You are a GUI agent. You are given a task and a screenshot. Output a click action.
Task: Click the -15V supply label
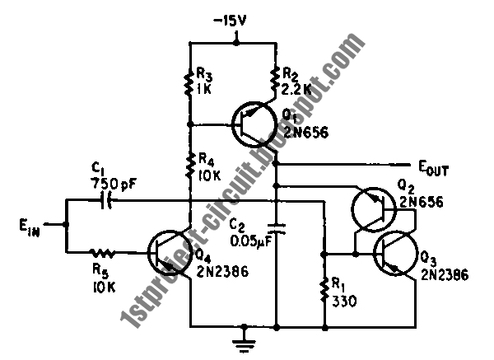230,21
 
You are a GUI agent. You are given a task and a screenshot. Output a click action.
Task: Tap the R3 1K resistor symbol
189,83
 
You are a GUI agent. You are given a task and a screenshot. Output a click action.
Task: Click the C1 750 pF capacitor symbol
106,199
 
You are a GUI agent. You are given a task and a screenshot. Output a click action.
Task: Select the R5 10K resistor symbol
103,252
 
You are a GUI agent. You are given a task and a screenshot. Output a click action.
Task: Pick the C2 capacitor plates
277,229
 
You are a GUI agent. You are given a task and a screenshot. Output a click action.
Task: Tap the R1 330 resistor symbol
324,289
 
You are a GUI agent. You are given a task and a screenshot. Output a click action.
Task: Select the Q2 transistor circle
374,209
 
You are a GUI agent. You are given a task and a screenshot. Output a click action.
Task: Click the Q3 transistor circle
396,253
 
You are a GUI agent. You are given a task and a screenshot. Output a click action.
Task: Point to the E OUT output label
433,168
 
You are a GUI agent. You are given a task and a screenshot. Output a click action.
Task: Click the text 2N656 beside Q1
306,133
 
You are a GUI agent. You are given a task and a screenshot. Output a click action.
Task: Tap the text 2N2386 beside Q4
223,271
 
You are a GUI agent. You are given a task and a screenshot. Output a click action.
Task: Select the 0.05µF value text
251,242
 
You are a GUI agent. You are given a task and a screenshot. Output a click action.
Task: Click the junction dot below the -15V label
236,42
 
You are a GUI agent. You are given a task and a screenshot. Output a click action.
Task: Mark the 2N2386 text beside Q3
445,275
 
